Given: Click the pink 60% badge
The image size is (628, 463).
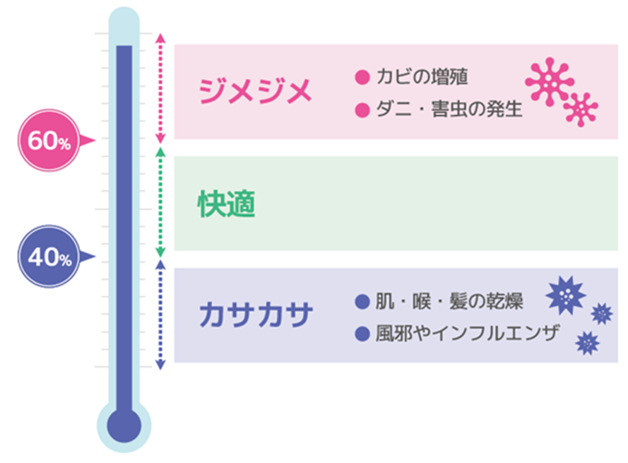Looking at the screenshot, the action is pyautogui.click(x=49, y=140).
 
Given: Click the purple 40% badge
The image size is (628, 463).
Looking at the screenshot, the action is pyautogui.click(x=49, y=257).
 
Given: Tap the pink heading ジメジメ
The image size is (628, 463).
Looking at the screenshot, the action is pyautogui.click(x=256, y=91).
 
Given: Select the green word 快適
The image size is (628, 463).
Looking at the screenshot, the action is pyautogui.click(x=227, y=204).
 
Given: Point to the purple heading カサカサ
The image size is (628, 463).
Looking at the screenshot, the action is pyautogui.click(x=256, y=315).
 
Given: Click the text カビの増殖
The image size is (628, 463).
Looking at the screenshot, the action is pyautogui.click(x=422, y=76).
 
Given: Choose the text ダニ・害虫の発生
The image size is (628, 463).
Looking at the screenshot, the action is pyautogui.click(x=449, y=109).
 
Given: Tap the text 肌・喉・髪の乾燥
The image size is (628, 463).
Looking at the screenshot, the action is pyautogui.click(x=449, y=301).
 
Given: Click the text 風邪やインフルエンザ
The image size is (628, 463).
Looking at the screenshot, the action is pyautogui.click(x=468, y=334).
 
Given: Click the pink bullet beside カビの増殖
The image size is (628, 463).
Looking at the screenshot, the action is pyautogui.click(x=362, y=77).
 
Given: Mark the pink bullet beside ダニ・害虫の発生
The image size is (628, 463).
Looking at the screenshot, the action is pyautogui.click(x=362, y=110).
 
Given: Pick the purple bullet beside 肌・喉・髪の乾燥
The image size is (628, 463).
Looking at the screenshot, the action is pyautogui.click(x=362, y=301).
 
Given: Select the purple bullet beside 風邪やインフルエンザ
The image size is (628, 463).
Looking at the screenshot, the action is pyautogui.click(x=362, y=334).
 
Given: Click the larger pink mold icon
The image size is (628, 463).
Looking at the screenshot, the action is pyautogui.click(x=550, y=82).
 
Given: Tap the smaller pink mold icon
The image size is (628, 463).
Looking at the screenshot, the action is pyautogui.click(x=581, y=110).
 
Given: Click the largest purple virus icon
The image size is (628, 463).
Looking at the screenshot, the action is pyautogui.click(x=566, y=295).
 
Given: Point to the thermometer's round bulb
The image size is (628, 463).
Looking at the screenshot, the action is pyautogui.click(x=124, y=426).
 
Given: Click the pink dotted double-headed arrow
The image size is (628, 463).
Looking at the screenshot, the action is pyautogui.click(x=160, y=88).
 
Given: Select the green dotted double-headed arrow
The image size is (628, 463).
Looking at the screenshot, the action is pyautogui.click(x=160, y=202).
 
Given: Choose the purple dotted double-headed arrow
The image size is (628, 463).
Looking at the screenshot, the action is pyautogui.click(x=160, y=315).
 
